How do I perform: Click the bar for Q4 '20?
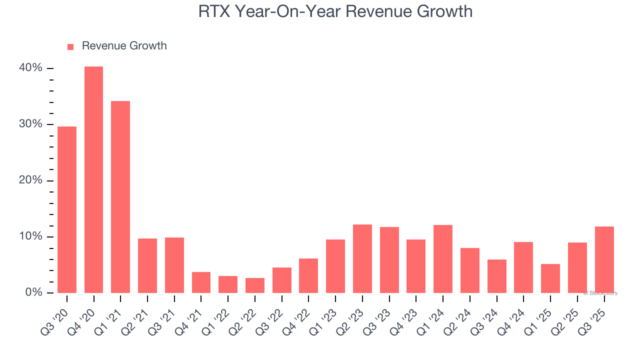(93, 179)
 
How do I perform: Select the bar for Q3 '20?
(67, 209)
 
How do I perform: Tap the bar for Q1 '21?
(120, 197)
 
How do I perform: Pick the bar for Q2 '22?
(255, 285)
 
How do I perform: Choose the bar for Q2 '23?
(362, 258)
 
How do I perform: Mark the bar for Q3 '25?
(604, 259)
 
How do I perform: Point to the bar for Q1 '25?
(550, 278)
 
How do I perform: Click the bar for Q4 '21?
(201, 282)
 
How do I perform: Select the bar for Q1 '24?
(443, 259)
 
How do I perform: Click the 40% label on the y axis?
(31, 68)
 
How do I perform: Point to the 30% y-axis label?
(31, 124)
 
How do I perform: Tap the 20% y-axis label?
(31, 180)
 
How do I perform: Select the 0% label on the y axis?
(34, 292)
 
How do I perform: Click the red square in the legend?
(70, 47)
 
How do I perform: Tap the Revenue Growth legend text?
(124, 46)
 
